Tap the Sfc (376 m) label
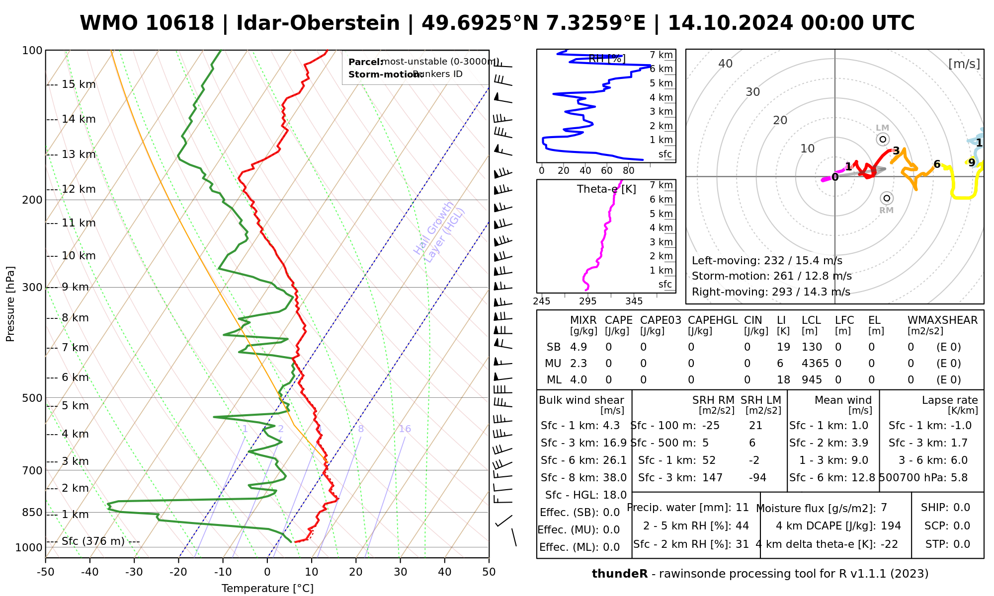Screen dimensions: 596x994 [x=93, y=541]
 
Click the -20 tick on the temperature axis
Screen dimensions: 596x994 [x=178, y=572]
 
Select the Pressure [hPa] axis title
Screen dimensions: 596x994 [x=10, y=304]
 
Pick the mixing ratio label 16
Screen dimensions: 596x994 [x=405, y=429]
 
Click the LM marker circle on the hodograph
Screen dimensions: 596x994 [x=883, y=140]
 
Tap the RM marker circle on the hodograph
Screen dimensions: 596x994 [x=887, y=198]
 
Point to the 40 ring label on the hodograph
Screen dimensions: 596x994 [x=726, y=64]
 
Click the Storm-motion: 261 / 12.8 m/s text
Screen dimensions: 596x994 [x=771, y=276]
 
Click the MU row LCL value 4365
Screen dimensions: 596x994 [x=815, y=364]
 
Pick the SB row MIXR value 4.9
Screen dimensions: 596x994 [x=579, y=347]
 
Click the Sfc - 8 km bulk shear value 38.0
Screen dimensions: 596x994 [x=614, y=478]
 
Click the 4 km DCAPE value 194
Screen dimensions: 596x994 [x=891, y=526]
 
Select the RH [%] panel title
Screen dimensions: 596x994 [x=606, y=59]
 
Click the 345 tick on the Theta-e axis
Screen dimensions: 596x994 [x=634, y=301]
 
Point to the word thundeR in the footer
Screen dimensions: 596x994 [x=620, y=574]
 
